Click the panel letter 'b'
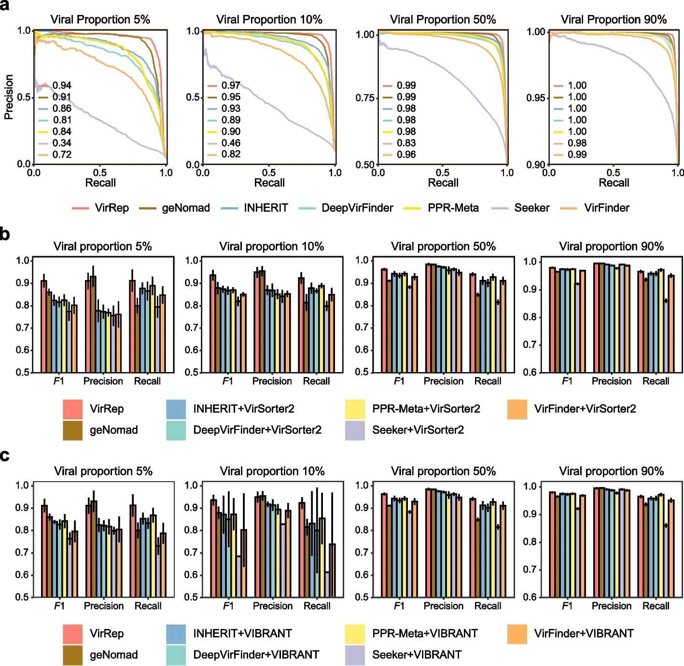5,235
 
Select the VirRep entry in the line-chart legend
112,208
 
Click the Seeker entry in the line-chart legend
531,208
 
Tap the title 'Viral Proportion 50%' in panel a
443,20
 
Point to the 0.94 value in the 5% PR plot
62,85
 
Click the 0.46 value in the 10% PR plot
231,143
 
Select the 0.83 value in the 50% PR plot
406,143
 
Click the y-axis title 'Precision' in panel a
9,97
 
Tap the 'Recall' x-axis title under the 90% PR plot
614,183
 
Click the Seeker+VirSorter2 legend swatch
355,430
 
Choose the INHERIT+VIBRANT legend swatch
176,634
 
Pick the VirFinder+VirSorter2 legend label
585,409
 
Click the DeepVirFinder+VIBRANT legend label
256,655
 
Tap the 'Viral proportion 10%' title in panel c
272,471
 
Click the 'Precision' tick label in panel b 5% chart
103,381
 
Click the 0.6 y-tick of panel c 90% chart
530,597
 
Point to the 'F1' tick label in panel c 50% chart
399,606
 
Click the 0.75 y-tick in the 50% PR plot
364,98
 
